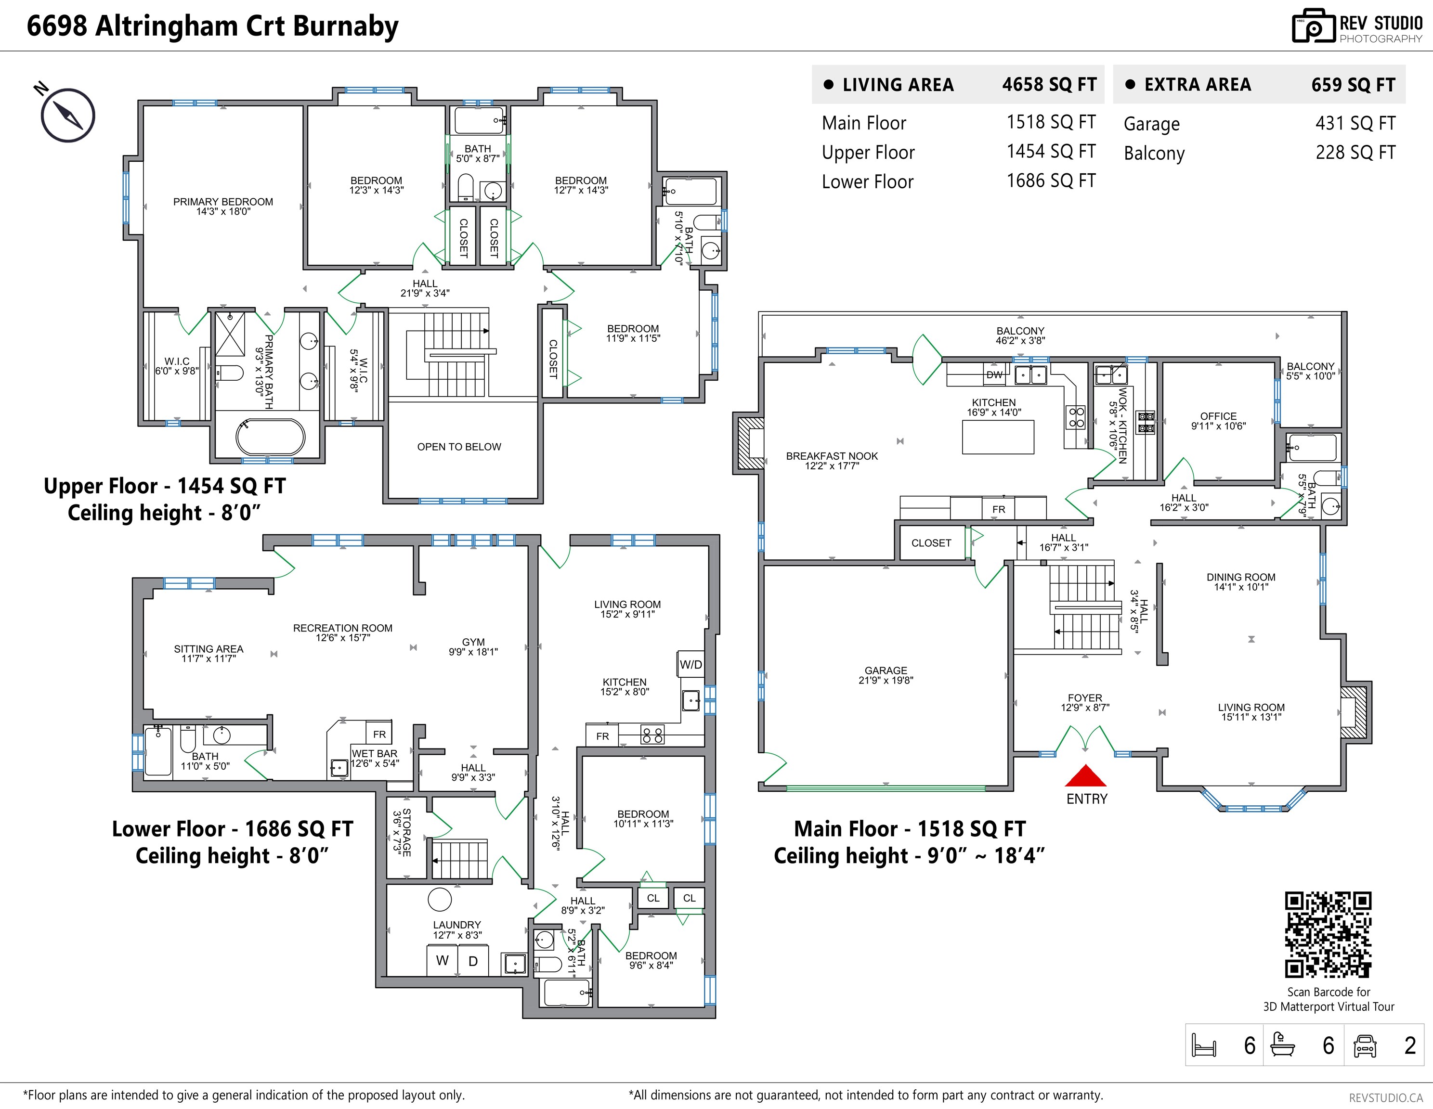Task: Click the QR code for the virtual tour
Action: click(1328, 935)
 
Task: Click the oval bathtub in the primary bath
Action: click(270, 437)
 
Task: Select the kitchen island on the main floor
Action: click(998, 437)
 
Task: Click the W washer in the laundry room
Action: click(442, 960)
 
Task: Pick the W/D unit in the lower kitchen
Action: click(690, 664)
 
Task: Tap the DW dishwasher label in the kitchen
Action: click(994, 375)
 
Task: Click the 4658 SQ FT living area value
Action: click(1048, 85)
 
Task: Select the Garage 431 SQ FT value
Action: click(1355, 123)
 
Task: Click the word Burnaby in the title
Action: click(346, 26)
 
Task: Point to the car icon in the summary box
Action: click(1365, 1045)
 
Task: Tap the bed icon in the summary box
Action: click(1203, 1045)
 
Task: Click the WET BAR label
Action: click(375, 754)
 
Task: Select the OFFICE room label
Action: click(1218, 416)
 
